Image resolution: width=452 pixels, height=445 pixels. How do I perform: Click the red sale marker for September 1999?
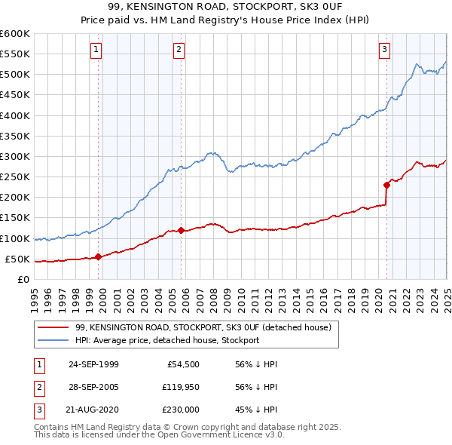coord(99,256)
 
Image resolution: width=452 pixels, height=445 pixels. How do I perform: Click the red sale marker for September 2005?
coord(182,230)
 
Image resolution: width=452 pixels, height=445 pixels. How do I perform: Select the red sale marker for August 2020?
coord(386,184)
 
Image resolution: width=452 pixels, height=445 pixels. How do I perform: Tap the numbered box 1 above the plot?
coord(96,51)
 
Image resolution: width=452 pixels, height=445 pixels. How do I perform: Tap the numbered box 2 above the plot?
coord(179,51)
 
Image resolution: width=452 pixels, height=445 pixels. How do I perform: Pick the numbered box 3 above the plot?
coord(384,51)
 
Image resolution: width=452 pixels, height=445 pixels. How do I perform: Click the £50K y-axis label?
coord(18,259)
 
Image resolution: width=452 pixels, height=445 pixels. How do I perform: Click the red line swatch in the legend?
coord(53,328)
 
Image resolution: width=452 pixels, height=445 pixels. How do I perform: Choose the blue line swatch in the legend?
coord(53,340)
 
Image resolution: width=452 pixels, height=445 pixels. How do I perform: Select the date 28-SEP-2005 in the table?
coord(93,387)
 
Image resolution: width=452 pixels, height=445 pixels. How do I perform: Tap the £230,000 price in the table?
coord(181,410)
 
